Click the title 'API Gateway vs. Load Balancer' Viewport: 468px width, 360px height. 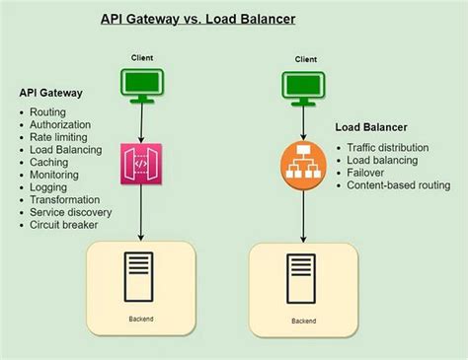(196, 19)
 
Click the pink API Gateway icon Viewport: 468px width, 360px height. (142, 165)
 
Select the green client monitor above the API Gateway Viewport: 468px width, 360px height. (142, 88)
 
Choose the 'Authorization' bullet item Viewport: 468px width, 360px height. (60, 125)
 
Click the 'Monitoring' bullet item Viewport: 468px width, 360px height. (55, 175)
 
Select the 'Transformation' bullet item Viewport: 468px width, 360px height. (65, 199)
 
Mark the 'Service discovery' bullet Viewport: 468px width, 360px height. (70, 211)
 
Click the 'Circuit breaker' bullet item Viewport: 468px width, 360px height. (64, 224)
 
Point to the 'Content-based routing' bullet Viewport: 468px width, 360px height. (398, 184)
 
